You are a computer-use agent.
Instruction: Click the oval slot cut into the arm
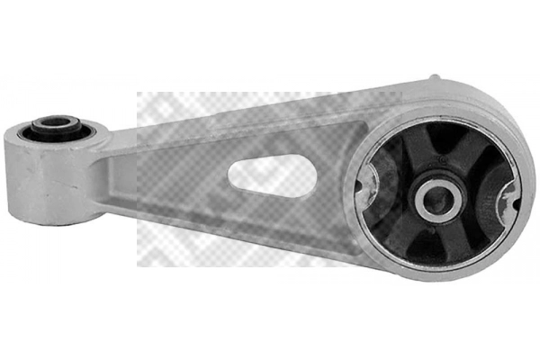[x=270, y=171]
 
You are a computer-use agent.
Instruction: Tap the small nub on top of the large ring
[x=438, y=79]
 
